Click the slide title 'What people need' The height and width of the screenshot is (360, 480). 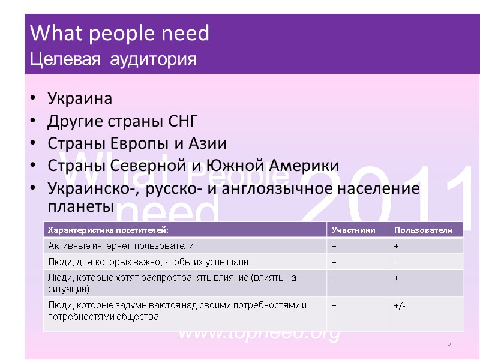[x=119, y=34]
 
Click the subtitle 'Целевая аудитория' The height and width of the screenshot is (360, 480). [x=113, y=59]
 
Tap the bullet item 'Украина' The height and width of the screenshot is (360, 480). [x=80, y=98]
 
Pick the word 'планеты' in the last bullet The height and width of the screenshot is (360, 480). [x=80, y=205]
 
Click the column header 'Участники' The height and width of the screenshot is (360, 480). [x=353, y=230]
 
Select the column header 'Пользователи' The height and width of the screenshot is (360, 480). [x=427, y=230]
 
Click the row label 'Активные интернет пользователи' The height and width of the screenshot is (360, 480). [x=121, y=246]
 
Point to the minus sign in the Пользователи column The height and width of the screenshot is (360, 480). [x=395, y=262]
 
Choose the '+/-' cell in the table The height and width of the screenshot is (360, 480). [x=400, y=305]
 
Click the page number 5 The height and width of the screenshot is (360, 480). [x=448, y=343]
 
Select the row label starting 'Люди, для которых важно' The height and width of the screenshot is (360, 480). [x=148, y=262]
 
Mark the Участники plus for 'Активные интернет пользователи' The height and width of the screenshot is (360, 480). [x=334, y=246]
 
